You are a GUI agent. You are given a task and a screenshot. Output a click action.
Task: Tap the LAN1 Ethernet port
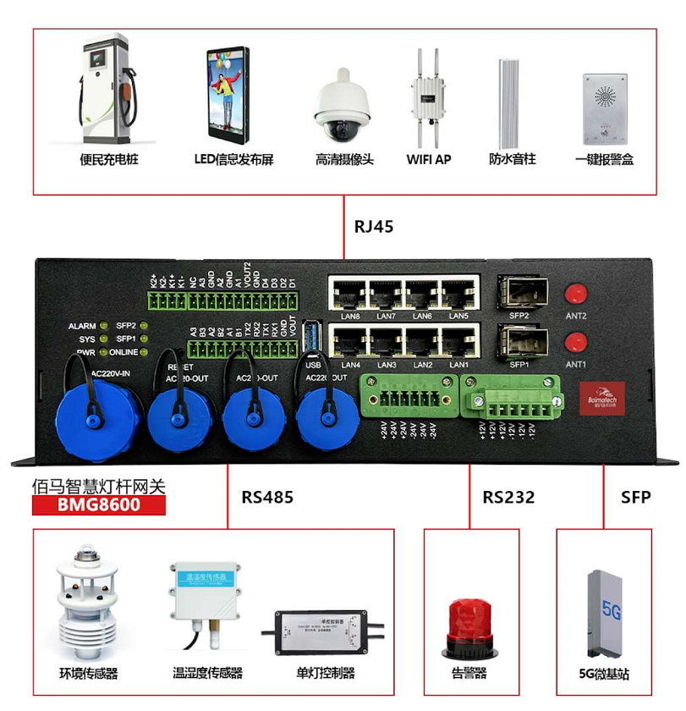click(x=458, y=343)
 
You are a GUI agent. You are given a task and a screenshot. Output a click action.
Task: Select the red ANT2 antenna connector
click(x=576, y=294)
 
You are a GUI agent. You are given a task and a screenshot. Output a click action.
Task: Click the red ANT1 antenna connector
click(x=576, y=342)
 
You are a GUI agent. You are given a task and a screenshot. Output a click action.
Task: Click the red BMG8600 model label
click(x=98, y=505)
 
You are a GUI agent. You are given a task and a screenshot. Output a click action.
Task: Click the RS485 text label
click(x=267, y=497)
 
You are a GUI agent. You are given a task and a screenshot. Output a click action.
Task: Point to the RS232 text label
click(x=508, y=497)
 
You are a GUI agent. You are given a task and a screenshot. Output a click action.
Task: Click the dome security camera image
click(x=343, y=108)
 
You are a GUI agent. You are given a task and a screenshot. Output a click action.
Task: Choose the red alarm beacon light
click(x=469, y=627)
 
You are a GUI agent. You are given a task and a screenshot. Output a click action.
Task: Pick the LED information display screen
click(x=228, y=94)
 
